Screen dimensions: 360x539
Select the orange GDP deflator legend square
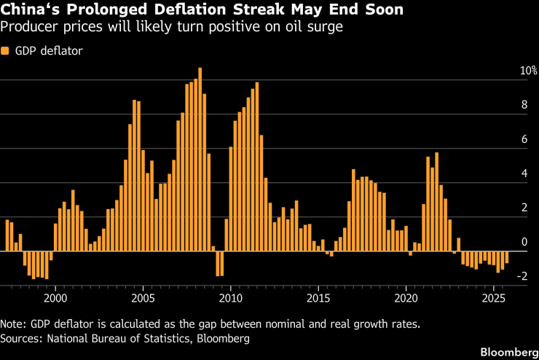[x=5, y=51]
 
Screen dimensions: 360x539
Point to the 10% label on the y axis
[x=528, y=71]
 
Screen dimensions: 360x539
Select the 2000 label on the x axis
[x=55, y=297]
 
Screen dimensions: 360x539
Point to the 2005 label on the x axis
[x=143, y=297]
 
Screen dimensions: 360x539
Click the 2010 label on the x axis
[x=231, y=297]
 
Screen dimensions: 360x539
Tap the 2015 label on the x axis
[x=318, y=297]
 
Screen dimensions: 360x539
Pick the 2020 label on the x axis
[x=406, y=297]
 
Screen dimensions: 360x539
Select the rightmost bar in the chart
[x=507, y=258]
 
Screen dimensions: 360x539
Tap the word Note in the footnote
[x=12, y=324]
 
